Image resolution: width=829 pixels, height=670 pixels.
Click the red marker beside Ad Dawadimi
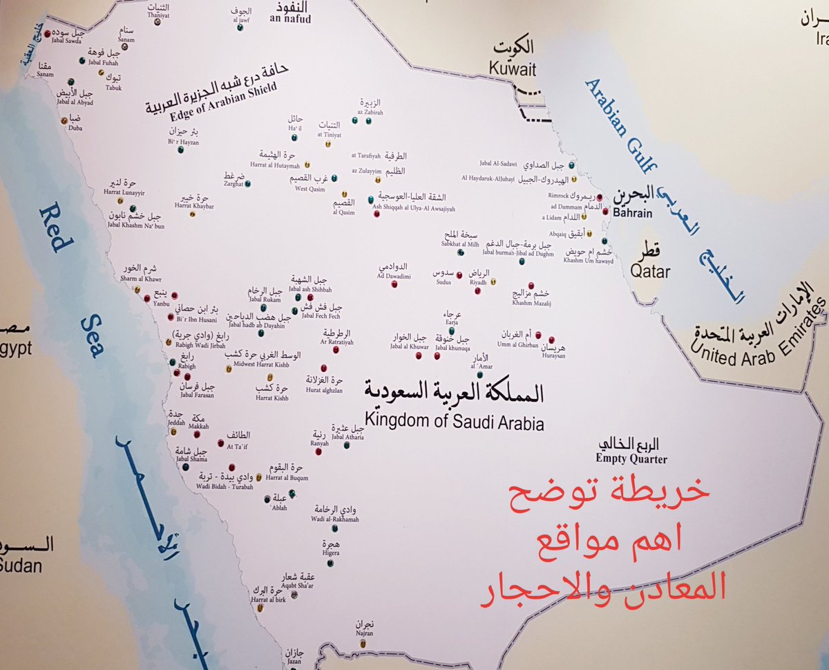pos(394,283)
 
